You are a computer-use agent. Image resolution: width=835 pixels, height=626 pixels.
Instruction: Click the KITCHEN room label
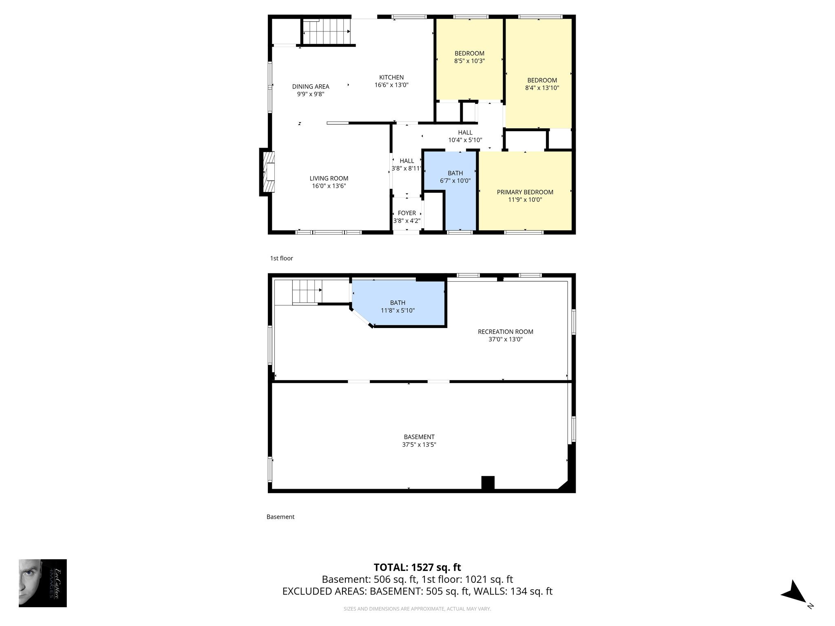391,77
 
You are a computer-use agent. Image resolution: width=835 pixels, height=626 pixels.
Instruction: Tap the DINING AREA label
311,86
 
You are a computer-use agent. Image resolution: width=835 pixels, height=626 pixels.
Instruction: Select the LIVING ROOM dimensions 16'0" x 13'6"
329,186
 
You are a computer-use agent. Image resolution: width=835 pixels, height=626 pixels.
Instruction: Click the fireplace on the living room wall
268,172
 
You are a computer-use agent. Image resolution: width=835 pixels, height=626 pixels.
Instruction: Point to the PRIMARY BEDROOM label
525,192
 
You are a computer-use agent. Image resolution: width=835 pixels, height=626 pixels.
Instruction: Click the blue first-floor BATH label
455,173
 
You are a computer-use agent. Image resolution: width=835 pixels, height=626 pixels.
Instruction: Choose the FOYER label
406,213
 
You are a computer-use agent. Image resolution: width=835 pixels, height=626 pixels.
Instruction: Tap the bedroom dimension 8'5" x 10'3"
469,61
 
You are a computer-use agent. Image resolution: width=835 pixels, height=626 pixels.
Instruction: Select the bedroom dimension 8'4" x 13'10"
542,88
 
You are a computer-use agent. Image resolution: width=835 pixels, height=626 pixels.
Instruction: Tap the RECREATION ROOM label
505,332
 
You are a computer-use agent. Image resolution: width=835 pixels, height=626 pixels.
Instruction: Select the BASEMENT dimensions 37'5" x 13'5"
419,445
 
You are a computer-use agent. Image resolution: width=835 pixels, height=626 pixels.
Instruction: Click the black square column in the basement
488,482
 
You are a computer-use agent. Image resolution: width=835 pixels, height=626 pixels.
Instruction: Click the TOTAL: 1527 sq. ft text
417,567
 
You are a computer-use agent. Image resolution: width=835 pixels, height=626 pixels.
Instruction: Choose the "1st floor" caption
281,258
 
